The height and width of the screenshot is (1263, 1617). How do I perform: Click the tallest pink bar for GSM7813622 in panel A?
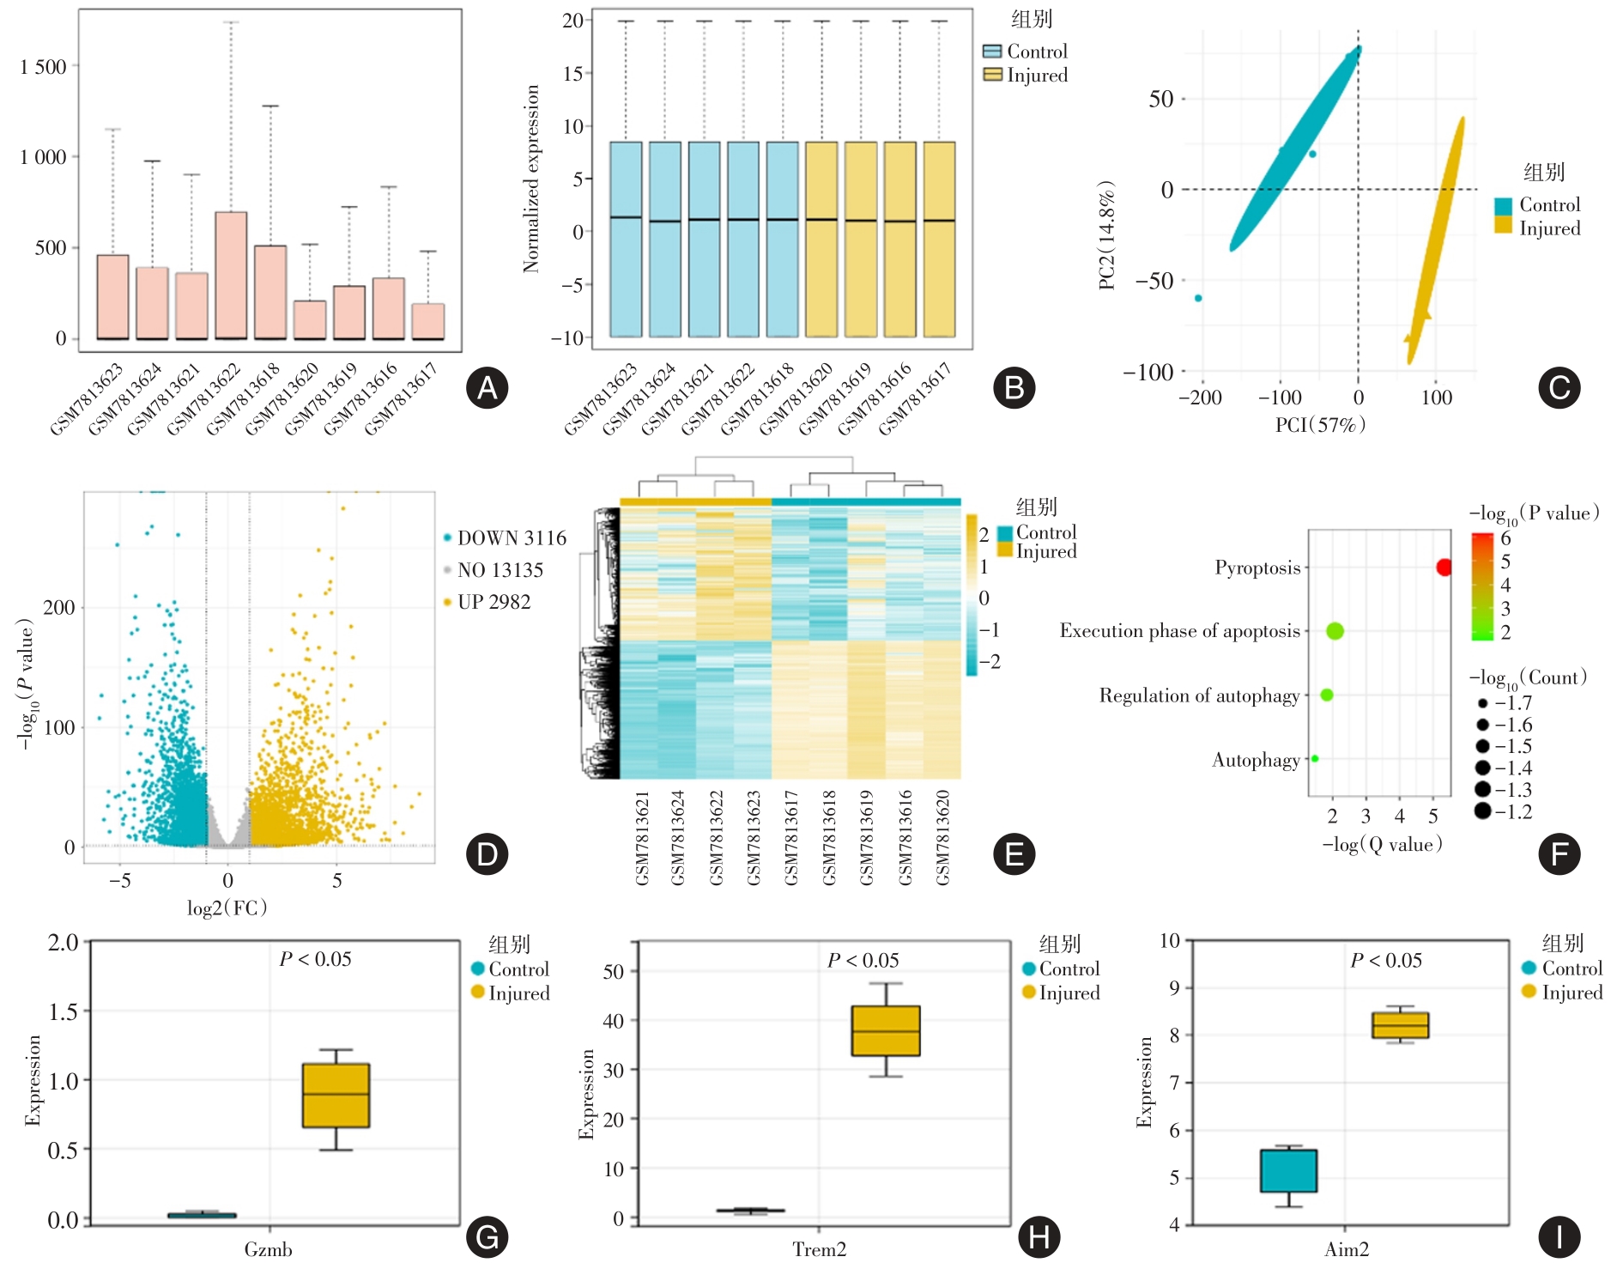click(x=231, y=275)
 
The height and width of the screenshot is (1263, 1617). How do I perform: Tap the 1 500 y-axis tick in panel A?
click(x=43, y=67)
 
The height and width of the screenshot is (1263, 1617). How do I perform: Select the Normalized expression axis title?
click(x=531, y=179)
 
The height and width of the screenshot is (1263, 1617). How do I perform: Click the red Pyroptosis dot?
click(x=1444, y=567)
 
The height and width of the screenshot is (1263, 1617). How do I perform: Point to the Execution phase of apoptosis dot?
click(x=1335, y=631)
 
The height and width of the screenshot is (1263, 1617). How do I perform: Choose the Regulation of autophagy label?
click(x=1199, y=695)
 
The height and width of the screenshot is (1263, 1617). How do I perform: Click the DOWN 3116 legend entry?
click(x=512, y=538)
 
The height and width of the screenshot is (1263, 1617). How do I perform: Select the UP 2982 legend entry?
click(x=494, y=602)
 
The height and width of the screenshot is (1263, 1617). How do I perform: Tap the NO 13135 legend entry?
click(x=500, y=570)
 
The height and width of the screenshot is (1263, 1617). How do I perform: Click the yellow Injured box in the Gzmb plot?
click(x=336, y=1096)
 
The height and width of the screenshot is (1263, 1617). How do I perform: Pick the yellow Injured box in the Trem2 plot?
click(x=886, y=1030)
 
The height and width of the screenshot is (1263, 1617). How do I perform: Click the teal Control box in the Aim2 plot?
click(x=1288, y=1170)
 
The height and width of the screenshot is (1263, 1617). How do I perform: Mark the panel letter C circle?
click(x=1559, y=388)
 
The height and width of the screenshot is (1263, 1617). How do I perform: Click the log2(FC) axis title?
click(x=227, y=908)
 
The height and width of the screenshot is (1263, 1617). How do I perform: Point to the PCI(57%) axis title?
click(x=1320, y=424)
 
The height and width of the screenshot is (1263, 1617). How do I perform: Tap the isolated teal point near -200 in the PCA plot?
click(x=1198, y=298)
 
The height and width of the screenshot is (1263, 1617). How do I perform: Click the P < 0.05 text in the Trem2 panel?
click(x=863, y=960)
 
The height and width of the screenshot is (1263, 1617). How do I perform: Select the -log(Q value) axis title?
click(x=1382, y=845)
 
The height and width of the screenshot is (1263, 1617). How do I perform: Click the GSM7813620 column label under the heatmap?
click(x=942, y=837)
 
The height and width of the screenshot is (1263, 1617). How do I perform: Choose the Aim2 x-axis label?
click(x=1346, y=1249)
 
